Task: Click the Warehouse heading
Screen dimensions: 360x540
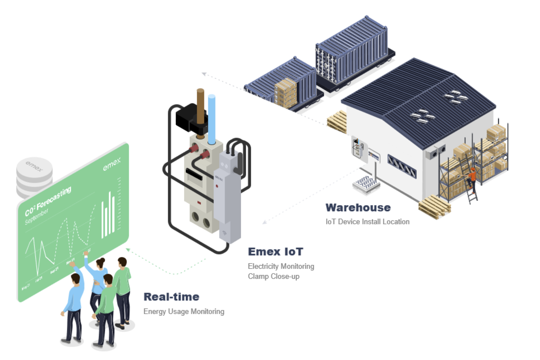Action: pos(358,208)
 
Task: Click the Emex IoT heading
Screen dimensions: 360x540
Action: pos(275,252)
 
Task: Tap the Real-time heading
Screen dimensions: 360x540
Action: pos(171,297)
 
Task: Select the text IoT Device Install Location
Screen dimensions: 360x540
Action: pos(367,222)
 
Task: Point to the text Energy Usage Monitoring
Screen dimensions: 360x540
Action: pos(184,311)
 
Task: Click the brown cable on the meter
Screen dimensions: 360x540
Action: pos(200,105)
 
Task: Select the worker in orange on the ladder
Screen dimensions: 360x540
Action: pos(471,178)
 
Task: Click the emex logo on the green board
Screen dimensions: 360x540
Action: pos(112,164)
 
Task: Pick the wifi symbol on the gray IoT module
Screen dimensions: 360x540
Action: pos(224,233)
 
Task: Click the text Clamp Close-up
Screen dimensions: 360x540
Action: pos(273,276)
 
